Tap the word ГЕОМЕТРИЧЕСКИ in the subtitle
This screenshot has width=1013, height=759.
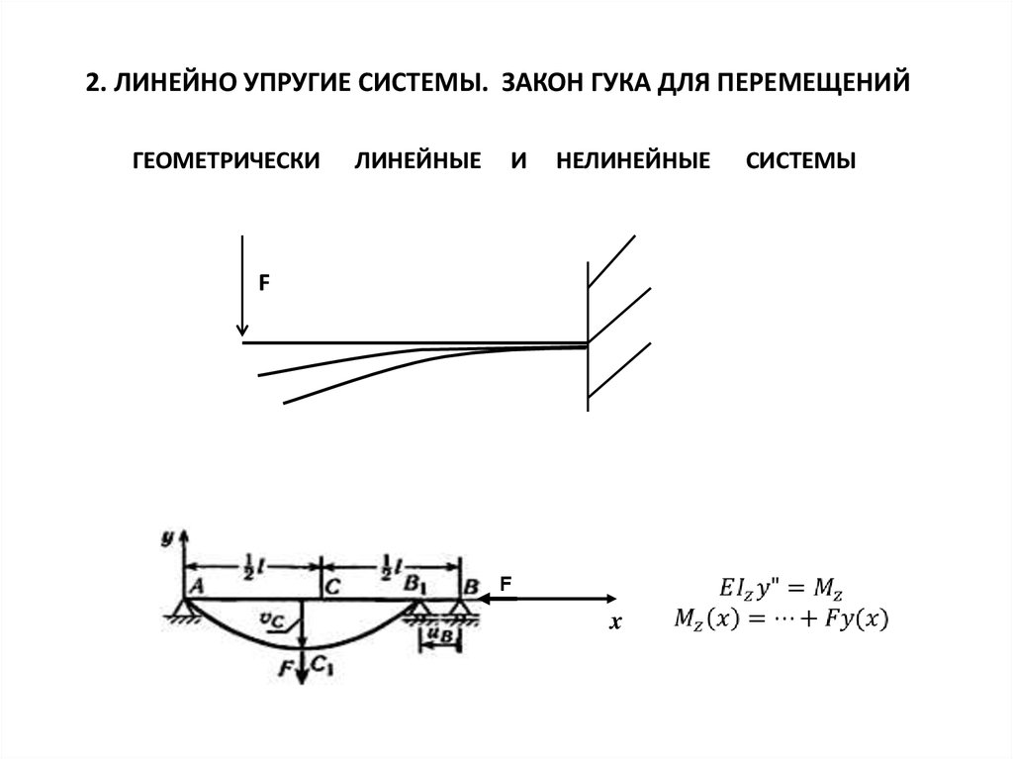227,160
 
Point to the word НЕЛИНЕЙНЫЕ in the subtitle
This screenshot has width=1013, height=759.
633,160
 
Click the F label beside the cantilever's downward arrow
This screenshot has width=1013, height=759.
264,283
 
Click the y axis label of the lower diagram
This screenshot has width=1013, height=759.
167,537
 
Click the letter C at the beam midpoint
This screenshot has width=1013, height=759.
331,586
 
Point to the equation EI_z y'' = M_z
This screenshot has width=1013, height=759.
776,590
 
